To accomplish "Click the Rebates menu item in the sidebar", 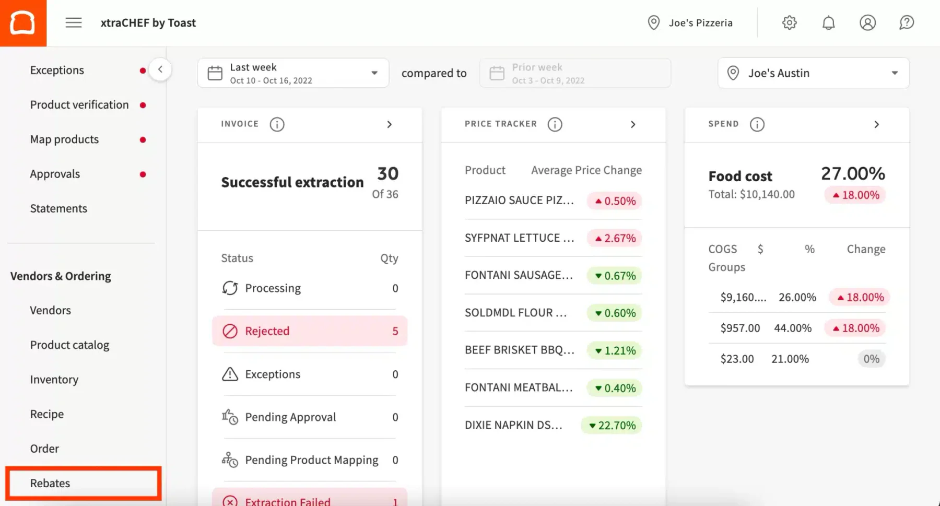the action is point(50,483).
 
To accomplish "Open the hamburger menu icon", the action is point(74,22).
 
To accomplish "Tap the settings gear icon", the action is point(789,22).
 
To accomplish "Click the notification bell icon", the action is point(828,22).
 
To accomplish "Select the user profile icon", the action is point(867,22).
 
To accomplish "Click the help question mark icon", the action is point(907,22).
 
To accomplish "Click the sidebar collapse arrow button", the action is point(160,69).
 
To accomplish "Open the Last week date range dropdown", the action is point(293,73).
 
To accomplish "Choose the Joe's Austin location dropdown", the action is point(813,73).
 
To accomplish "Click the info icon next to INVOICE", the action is point(277,124).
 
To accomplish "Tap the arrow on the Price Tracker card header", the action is point(633,124).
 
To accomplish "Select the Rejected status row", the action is point(310,331).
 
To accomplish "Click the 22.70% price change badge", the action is point(612,426).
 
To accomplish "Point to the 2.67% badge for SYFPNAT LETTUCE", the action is point(615,238).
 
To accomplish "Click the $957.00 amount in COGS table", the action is point(740,328).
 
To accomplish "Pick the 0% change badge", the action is point(871,359).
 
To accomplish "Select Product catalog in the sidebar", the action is point(69,345).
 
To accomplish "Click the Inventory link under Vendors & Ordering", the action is point(54,380).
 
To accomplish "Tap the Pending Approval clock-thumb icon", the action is point(230,417).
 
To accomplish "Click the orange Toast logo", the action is point(23,23).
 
